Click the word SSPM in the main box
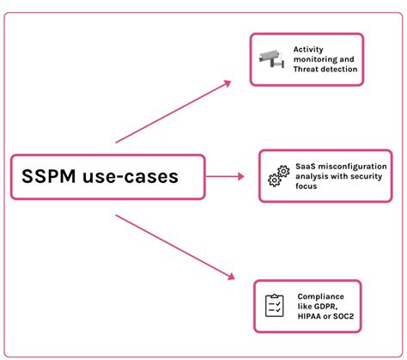click(x=54, y=178)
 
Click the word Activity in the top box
click(x=310, y=49)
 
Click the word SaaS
click(x=305, y=165)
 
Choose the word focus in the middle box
click(x=306, y=186)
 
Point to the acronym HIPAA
click(x=310, y=316)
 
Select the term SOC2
click(x=347, y=316)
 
